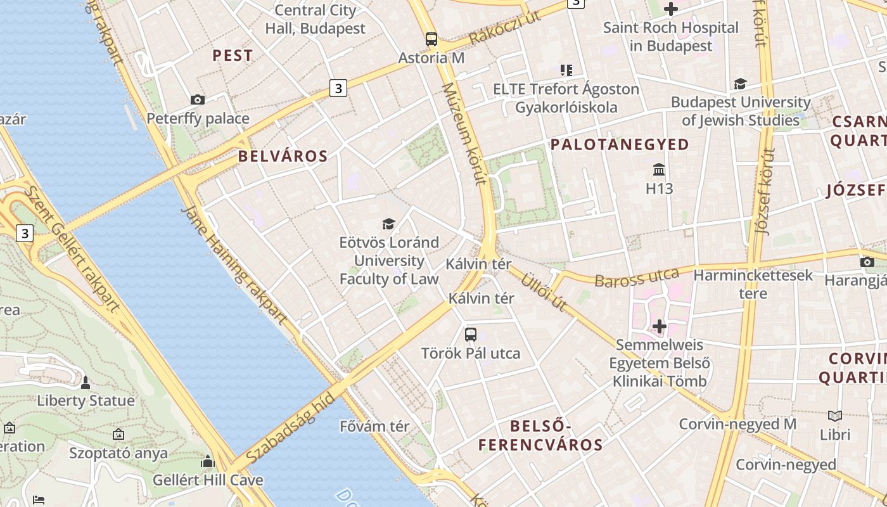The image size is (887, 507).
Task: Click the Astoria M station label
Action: [x=431, y=58]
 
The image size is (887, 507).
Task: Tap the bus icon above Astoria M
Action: [x=431, y=39]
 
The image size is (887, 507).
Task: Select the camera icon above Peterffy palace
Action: [x=198, y=99]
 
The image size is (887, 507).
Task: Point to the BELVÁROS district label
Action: [x=283, y=157]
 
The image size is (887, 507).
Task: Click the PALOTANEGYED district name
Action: [x=620, y=144]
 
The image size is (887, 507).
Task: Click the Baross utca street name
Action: [x=637, y=278]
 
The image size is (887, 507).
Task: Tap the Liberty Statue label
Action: [x=86, y=401]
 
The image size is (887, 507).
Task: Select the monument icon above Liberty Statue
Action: [x=86, y=383]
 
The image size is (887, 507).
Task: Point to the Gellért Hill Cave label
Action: [x=208, y=480]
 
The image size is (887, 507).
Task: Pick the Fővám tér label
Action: [x=374, y=427]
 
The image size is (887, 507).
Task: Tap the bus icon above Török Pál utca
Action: [x=471, y=335]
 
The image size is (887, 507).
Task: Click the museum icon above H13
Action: [x=659, y=170]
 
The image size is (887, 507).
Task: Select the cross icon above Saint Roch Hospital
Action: [x=670, y=9]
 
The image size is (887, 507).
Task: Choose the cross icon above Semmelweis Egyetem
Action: [x=660, y=326]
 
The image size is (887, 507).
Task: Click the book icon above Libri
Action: [x=835, y=416]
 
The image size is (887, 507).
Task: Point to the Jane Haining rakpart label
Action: [x=234, y=266]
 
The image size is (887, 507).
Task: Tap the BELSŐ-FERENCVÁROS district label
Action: [x=540, y=435]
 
